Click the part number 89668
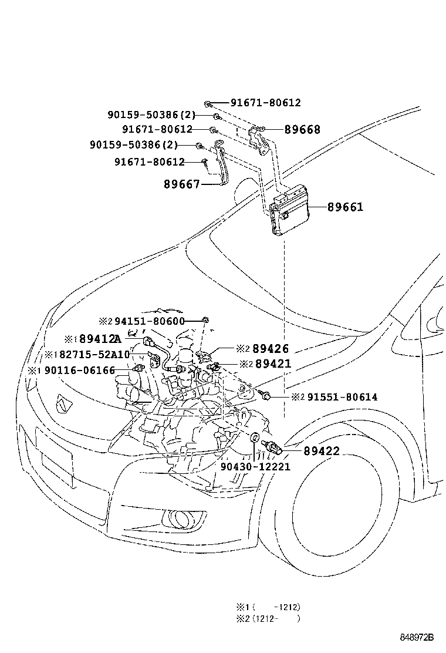coord(302,130)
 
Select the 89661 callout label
coord(345,207)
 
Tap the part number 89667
coord(182,184)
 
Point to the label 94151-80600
coord(149,321)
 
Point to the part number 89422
coord(322,451)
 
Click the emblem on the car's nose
coord(62,403)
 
